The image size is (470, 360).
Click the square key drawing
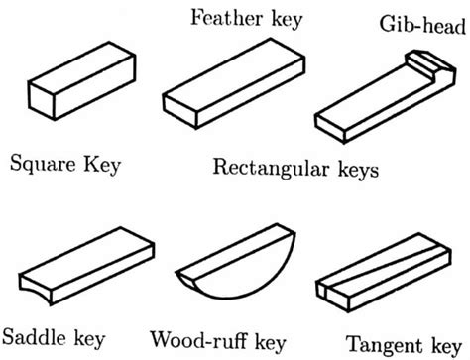(x=74, y=94)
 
